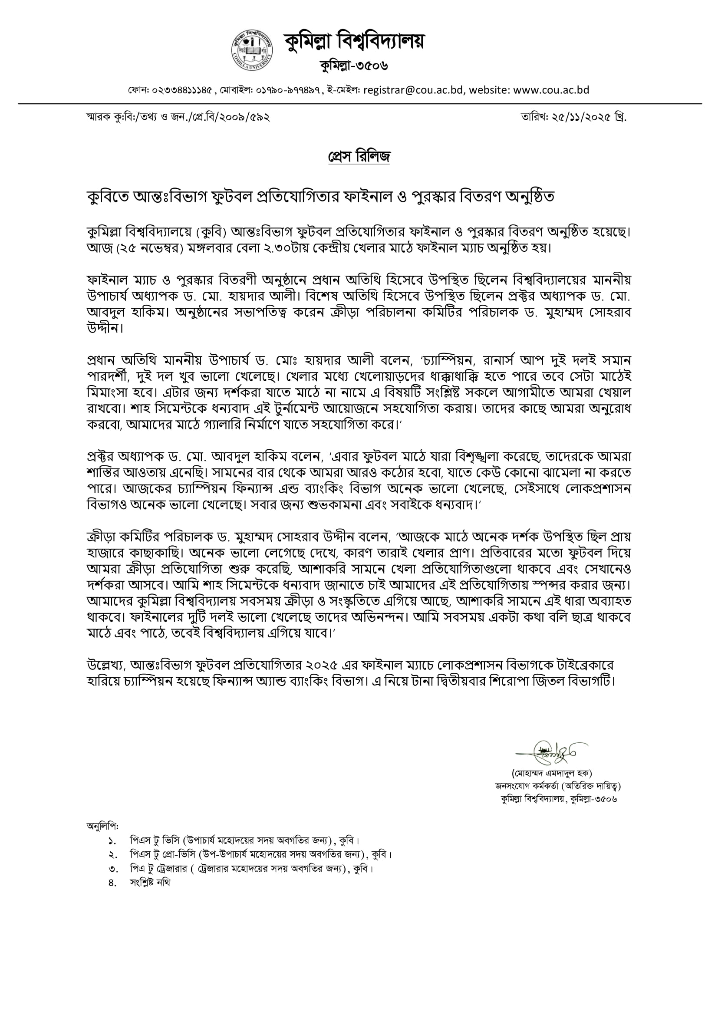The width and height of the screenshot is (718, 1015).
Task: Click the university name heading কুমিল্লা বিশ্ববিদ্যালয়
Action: coord(354,42)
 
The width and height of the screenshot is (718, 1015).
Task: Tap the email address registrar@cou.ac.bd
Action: coord(413,90)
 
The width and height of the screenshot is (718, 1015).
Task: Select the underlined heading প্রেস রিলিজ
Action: coord(359,156)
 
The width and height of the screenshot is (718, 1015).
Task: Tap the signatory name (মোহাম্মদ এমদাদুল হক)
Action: coord(552,773)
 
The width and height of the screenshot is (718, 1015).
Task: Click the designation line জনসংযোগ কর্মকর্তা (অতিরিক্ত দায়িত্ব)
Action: coord(557,786)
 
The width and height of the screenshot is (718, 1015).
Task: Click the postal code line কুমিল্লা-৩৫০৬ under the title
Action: coord(354,66)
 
